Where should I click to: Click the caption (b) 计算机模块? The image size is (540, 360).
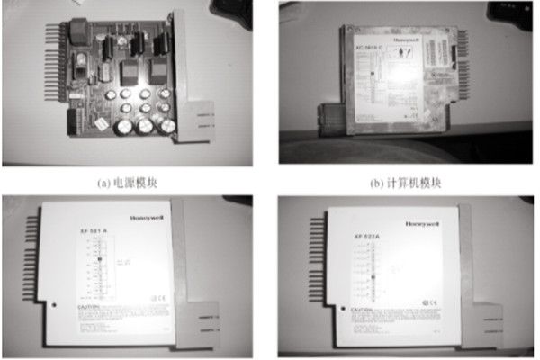405,182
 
